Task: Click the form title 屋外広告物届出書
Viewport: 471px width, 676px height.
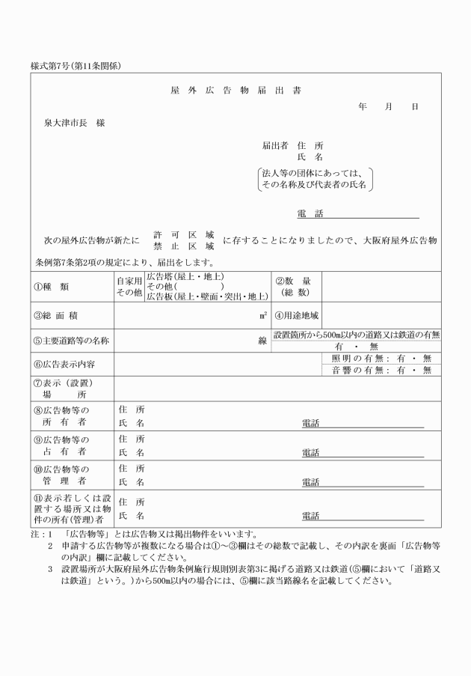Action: pyautogui.click(x=235, y=91)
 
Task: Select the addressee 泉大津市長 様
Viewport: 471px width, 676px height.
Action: pyautogui.click(x=74, y=123)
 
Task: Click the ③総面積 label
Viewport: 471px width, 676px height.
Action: pyautogui.click(x=57, y=316)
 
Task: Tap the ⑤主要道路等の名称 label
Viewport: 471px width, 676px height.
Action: pyautogui.click(x=71, y=341)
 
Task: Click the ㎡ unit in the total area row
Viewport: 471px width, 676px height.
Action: pyautogui.click(x=263, y=316)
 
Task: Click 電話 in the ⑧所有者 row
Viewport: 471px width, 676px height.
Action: pyautogui.click(x=310, y=424)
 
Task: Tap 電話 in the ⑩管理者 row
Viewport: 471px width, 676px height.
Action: pyautogui.click(x=310, y=482)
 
